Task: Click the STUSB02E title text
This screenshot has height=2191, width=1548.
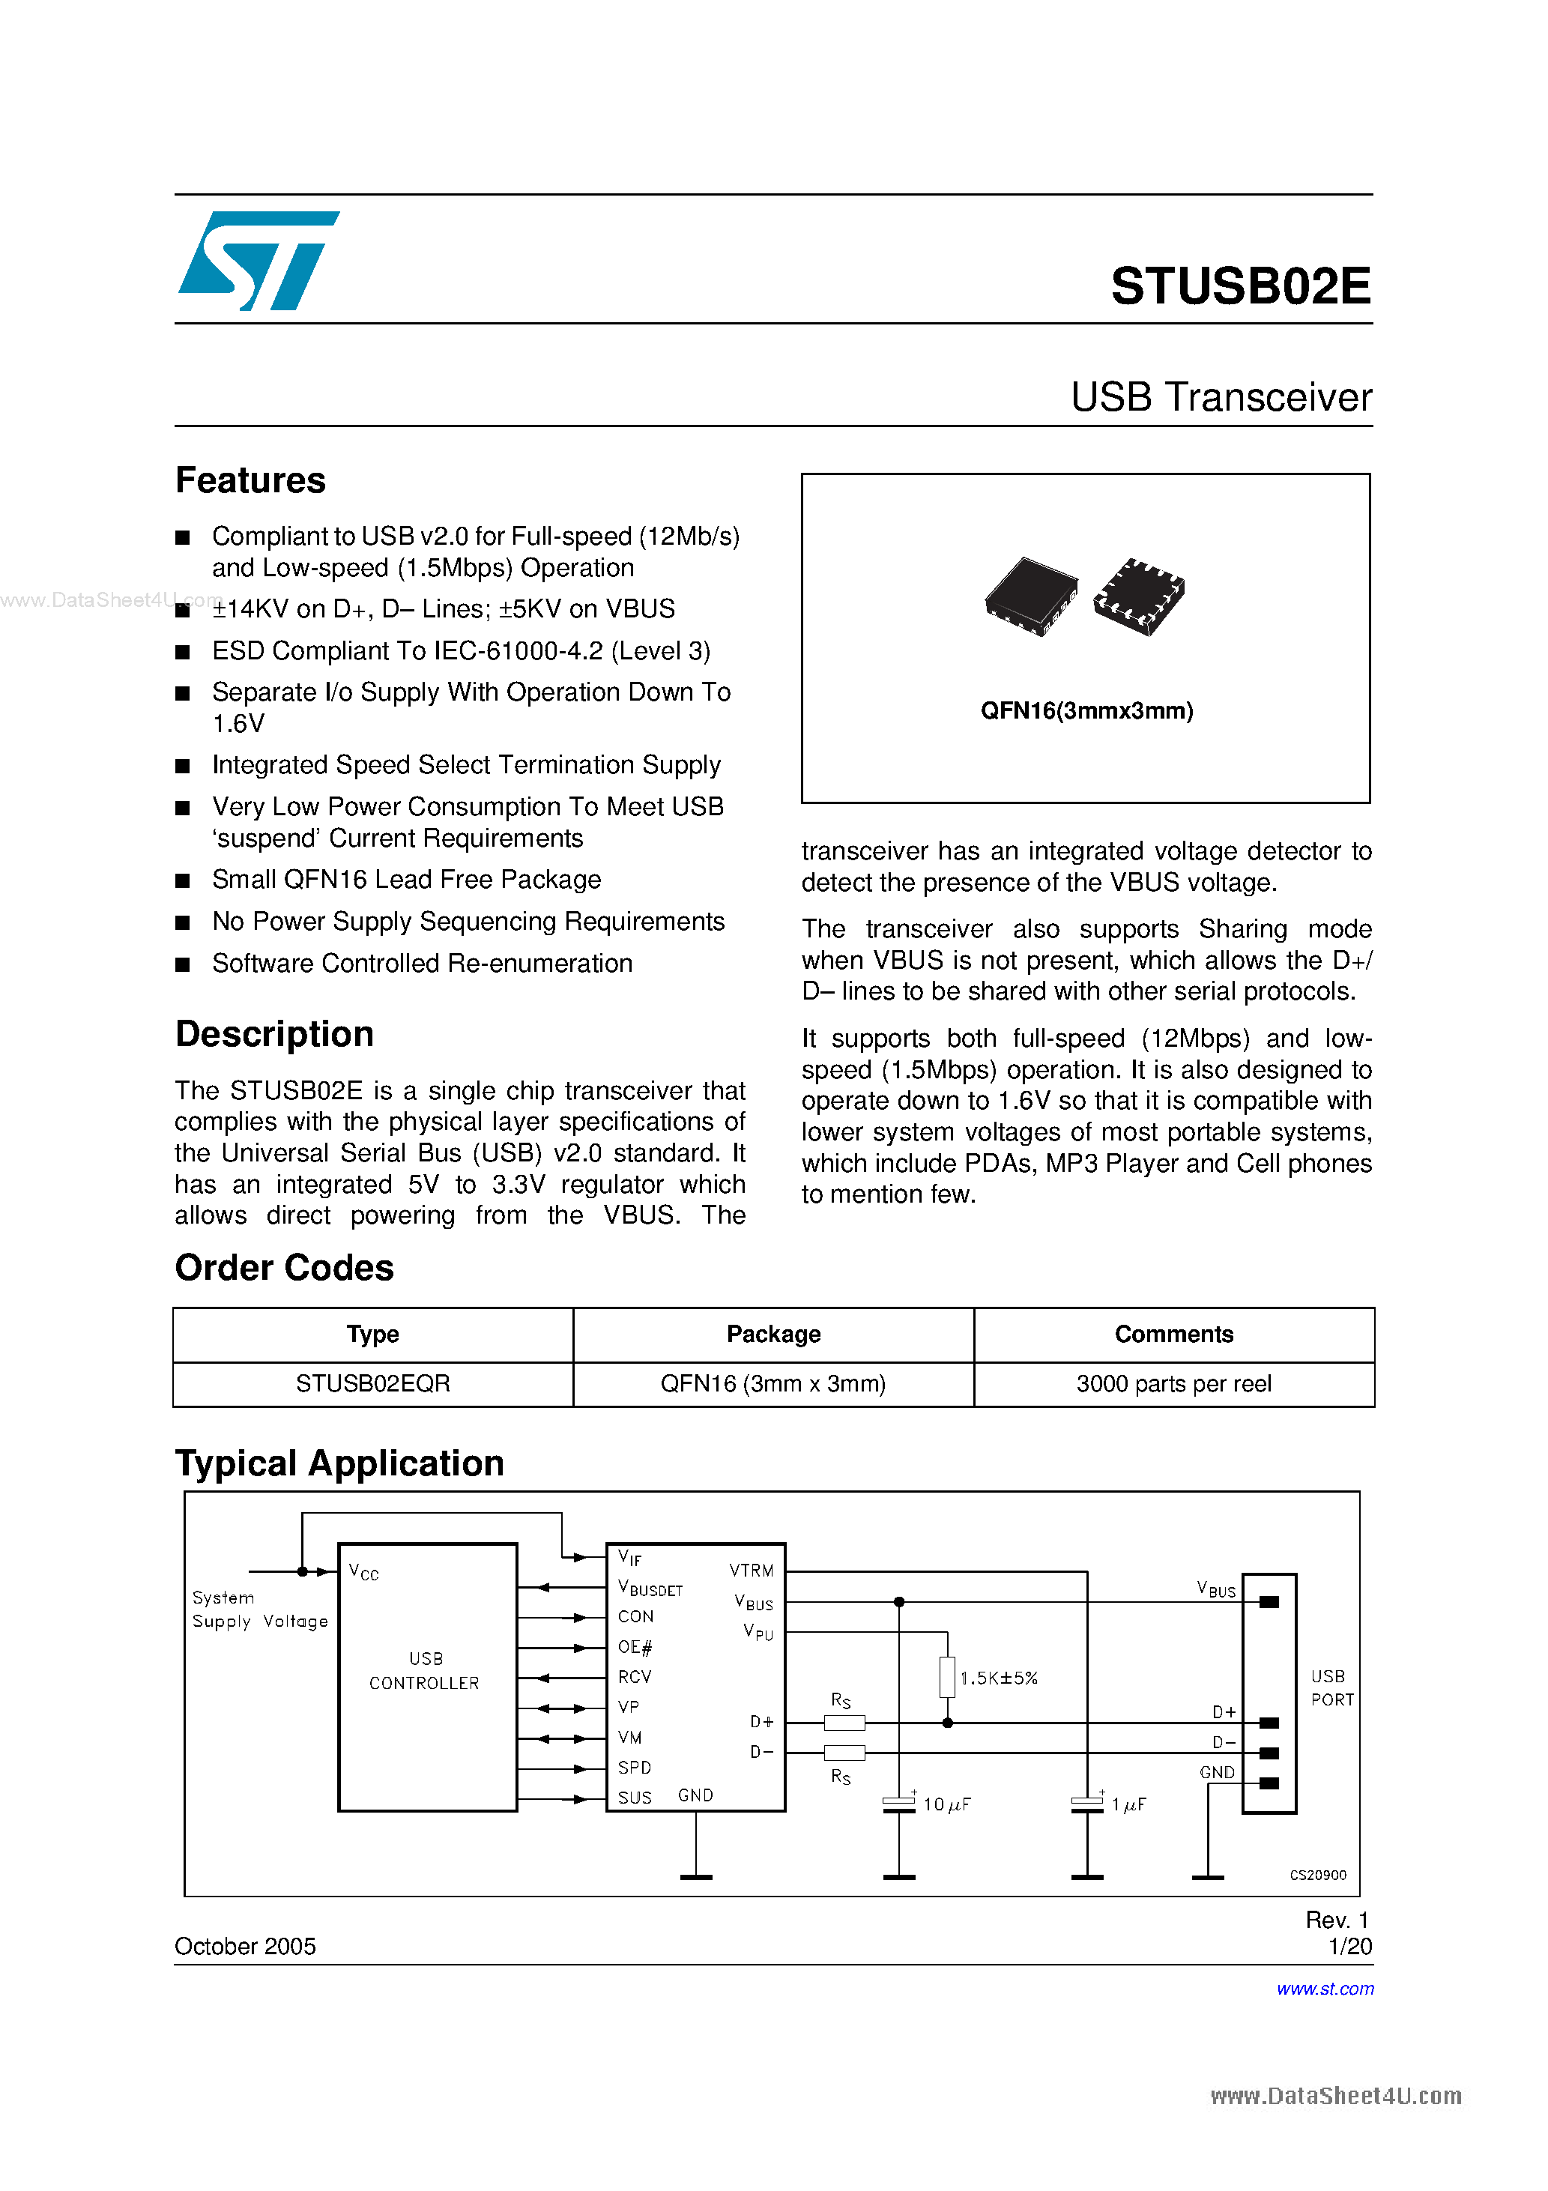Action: (x=1240, y=286)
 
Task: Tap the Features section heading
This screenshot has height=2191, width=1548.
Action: (x=250, y=480)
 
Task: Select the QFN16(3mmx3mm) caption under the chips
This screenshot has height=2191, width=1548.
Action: (x=1086, y=711)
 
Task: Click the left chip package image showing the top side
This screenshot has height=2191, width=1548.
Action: (x=1031, y=596)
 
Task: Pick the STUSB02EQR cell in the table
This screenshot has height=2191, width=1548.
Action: (x=372, y=1384)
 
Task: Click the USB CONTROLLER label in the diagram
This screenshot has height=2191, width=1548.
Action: (x=425, y=1671)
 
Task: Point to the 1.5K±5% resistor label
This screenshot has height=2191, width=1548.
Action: (x=998, y=1678)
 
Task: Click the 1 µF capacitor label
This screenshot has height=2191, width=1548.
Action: (x=1128, y=1804)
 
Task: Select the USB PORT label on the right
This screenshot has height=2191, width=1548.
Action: (x=1331, y=1687)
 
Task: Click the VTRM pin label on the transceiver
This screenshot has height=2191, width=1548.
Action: (x=751, y=1570)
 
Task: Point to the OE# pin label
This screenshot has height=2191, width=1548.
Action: (x=635, y=1646)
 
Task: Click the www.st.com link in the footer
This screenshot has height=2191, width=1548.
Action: (x=1325, y=1989)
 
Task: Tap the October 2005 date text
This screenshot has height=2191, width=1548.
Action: (x=245, y=1946)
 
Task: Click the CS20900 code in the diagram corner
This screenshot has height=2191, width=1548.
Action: (x=1317, y=1874)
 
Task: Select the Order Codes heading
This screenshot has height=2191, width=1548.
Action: (x=285, y=1267)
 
